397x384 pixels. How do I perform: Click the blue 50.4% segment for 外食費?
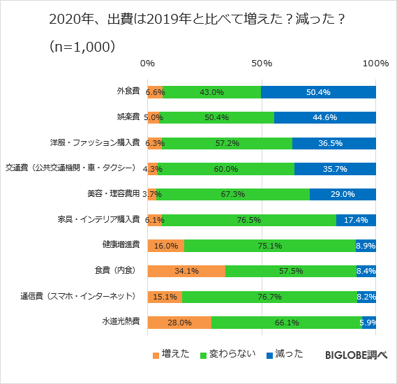(319, 92)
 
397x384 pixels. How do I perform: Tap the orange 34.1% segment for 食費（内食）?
(186, 270)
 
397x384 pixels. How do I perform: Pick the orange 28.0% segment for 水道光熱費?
(179, 322)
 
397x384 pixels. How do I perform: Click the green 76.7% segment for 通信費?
(269, 296)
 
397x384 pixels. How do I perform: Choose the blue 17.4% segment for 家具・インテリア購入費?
(356, 219)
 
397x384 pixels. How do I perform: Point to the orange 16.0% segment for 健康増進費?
(166, 245)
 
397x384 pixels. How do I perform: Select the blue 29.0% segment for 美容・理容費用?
(343, 194)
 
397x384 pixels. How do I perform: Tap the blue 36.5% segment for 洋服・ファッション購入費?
(334, 143)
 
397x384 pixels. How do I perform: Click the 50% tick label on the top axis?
(262, 64)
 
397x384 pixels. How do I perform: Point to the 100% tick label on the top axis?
(375, 64)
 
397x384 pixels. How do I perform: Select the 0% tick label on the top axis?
(147, 64)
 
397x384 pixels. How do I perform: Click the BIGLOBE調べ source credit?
(356, 355)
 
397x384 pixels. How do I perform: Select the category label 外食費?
(128, 91)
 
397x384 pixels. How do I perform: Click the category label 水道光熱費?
(123, 322)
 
